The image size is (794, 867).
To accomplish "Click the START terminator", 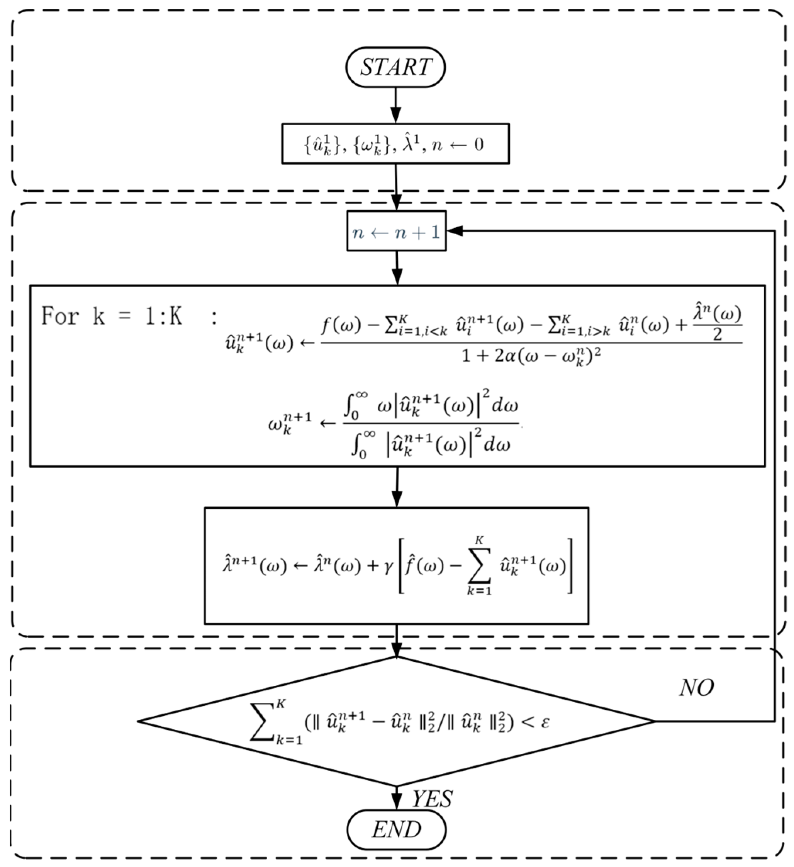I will pyautogui.click(x=395, y=67).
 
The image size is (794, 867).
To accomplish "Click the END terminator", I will pyautogui.click(x=396, y=830).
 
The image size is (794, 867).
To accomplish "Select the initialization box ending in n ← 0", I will pyautogui.click(x=395, y=144).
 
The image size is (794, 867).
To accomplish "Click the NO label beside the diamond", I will pyautogui.click(x=696, y=688).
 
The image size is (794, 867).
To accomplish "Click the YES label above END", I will pyautogui.click(x=432, y=799).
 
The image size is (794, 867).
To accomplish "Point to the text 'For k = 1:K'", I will pyautogui.click(x=112, y=317).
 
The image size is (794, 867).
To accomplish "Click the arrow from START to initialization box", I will pyautogui.click(x=395, y=106).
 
